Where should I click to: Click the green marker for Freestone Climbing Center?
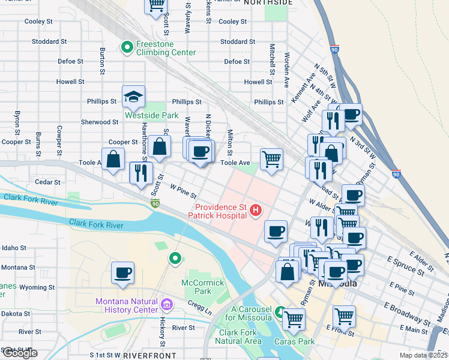(x=127, y=47)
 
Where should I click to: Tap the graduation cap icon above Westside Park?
(x=134, y=96)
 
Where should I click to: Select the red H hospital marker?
(x=256, y=210)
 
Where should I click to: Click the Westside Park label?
(x=151, y=115)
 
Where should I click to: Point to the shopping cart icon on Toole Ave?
(x=271, y=160)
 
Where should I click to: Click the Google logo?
(x=19, y=353)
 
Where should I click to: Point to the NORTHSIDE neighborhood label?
(x=269, y=3)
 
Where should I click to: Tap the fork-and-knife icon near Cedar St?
(x=141, y=173)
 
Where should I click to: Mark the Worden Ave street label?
(x=287, y=71)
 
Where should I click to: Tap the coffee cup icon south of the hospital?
(x=276, y=231)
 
